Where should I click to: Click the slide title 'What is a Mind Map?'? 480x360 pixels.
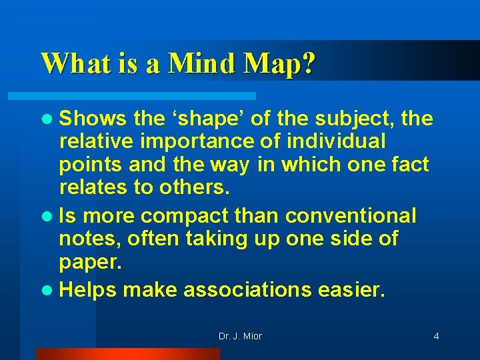coord(178,64)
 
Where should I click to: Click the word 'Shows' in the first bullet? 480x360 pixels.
coord(93,119)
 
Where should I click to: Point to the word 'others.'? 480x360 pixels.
coord(194,187)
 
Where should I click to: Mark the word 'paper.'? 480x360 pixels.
coord(91,261)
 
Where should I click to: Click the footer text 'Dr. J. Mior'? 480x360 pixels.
coord(240,336)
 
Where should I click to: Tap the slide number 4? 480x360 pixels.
coord(436,336)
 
